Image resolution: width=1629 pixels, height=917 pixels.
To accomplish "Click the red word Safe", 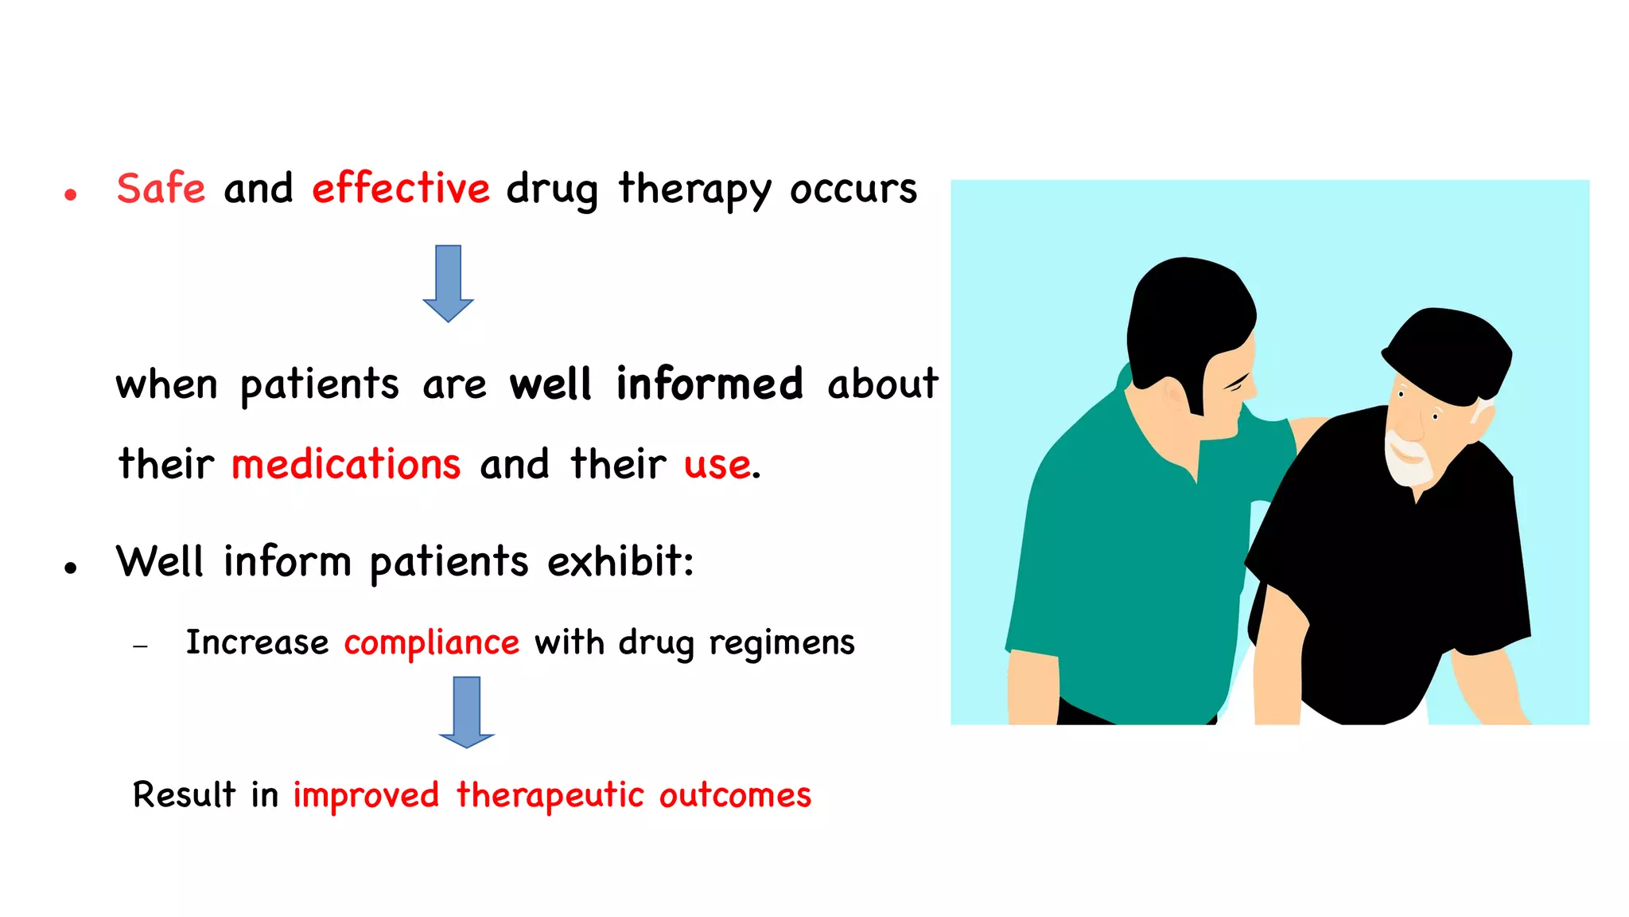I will coord(161,189).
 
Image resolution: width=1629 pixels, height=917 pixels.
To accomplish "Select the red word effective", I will coord(400,189).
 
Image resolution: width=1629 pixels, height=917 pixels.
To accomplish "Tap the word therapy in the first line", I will coord(694,191).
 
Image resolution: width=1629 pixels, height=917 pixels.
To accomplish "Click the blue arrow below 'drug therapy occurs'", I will coord(448,283).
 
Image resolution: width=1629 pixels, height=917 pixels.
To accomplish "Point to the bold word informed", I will coord(710,384).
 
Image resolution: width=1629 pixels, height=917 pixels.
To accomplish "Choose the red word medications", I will coord(345,464).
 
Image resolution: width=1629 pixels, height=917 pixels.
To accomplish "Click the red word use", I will coord(717,465).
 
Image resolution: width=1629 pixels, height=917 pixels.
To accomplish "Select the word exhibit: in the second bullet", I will coord(620,561).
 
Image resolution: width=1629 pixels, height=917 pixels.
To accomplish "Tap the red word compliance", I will coord(431,642).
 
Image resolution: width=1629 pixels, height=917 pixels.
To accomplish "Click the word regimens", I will coord(781,643).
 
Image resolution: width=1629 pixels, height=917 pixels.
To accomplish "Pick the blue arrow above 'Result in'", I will coord(466,712).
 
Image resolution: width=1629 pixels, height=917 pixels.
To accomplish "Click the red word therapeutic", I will coord(550,795).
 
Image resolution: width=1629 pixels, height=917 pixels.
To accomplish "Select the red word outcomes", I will coord(735,795).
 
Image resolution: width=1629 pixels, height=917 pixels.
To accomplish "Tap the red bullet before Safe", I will coord(71,194).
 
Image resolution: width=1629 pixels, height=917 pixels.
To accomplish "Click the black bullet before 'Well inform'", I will coord(71,568).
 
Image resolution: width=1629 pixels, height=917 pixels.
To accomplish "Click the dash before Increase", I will coord(141,646).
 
